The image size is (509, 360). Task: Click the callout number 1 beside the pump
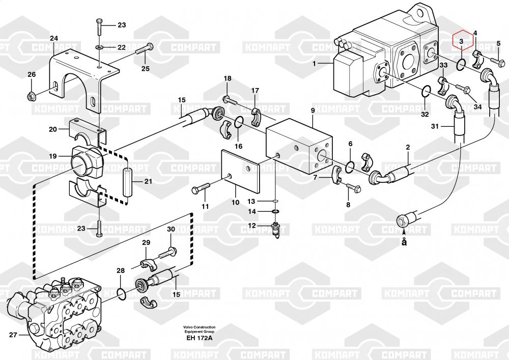point(315,64)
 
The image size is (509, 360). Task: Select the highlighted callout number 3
point(461,41)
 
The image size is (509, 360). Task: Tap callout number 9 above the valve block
point(313,110)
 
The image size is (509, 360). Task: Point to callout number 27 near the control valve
point(13,335)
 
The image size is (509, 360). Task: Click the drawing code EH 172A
point(200,338)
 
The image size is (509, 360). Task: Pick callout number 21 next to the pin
point(148,181)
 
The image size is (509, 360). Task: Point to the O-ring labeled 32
point(427,92)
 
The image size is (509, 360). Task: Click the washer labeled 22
point(100,48)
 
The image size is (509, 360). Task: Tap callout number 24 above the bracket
point(54,39)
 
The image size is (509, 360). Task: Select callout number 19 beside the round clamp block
point(53,156)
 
